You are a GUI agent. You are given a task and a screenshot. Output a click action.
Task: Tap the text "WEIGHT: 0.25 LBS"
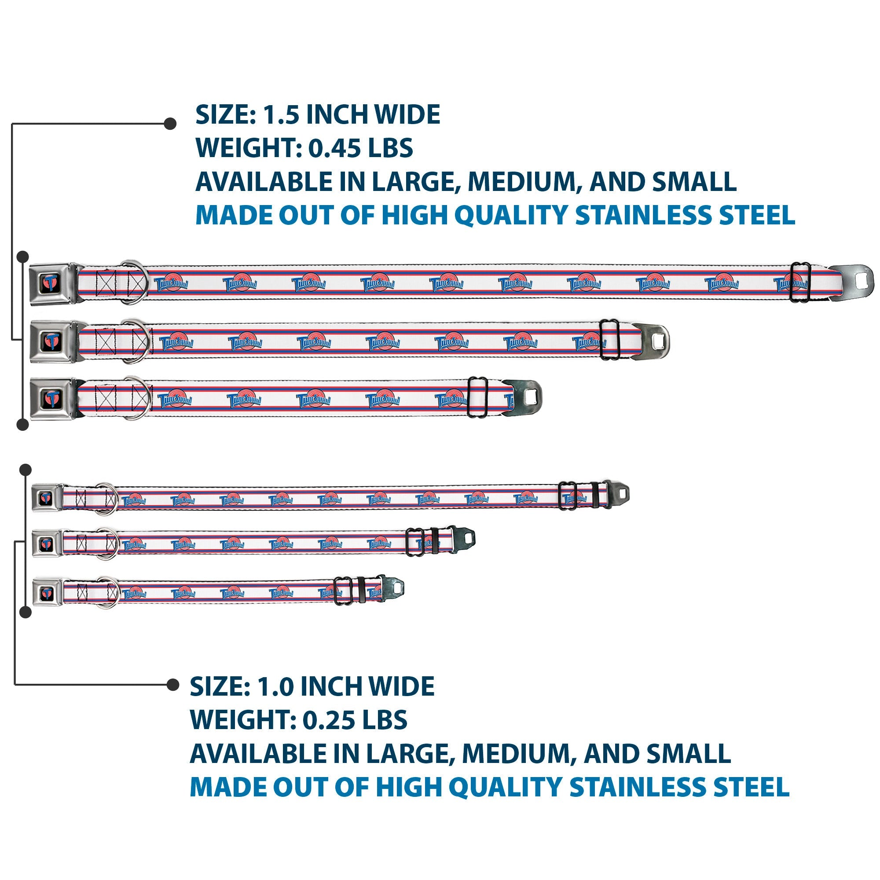(x=299, y=720)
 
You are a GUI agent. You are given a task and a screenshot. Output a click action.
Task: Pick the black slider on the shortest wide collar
(x=478, y=397)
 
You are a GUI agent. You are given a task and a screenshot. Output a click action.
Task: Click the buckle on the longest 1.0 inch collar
(x=47, y=498)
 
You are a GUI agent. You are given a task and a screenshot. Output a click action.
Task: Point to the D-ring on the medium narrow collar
(x=108, y=543)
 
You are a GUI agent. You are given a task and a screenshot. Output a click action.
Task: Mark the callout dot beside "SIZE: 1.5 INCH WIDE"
(x=170, y=124)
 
